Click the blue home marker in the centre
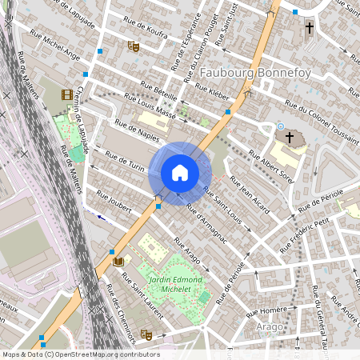(180, 173)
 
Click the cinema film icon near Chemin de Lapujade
(66, 94)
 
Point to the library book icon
(118, 261)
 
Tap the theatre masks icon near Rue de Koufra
(134, 46)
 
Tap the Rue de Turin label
(125, 162)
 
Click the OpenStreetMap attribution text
(80, 354)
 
